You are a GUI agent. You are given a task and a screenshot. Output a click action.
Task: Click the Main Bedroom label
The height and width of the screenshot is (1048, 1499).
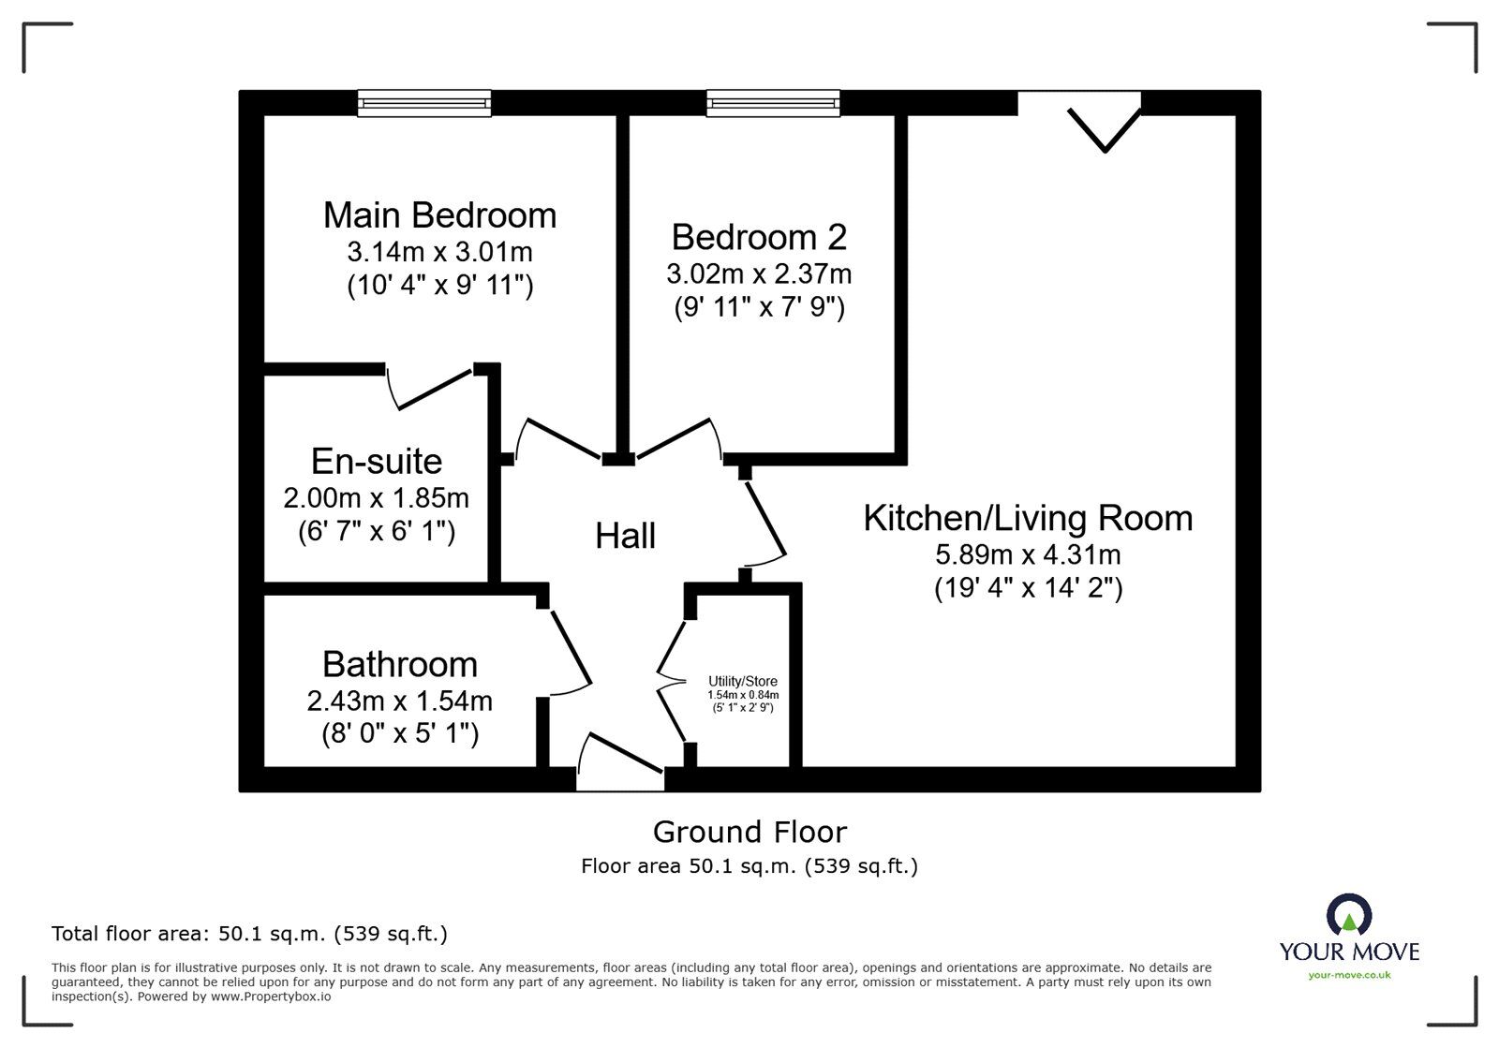[x=439, y=215]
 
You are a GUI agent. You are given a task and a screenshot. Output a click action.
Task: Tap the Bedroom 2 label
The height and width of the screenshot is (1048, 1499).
[x=759, y=237]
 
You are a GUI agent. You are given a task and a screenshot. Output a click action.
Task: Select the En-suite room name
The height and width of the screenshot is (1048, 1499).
[x=377, y=461]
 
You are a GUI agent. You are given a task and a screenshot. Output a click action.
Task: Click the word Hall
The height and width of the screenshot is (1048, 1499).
[x=625, y=536]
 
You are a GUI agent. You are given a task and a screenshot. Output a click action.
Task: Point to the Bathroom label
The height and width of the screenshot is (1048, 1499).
[x=400, y=664]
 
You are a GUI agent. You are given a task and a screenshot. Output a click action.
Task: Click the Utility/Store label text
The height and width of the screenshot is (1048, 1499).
[x=743, y=681]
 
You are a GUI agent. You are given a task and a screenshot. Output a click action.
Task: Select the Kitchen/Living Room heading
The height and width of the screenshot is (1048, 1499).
[x=1028, y=518]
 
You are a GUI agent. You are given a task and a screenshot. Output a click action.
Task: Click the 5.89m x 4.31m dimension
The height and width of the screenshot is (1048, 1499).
[x=1028, y=554]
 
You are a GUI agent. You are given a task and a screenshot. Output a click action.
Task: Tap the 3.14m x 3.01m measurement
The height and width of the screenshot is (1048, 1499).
[x=439, y=252]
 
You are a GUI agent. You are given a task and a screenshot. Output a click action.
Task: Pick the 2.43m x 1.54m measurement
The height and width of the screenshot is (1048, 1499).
[x=400, y=701]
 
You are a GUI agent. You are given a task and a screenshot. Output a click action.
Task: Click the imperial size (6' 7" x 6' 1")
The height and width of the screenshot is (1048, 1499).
[x=377, y=532]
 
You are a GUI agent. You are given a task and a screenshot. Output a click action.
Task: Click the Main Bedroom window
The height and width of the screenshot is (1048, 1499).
[x=423, y=103]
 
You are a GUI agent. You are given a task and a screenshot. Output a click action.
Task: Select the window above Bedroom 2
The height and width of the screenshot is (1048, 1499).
[x=773, y=103]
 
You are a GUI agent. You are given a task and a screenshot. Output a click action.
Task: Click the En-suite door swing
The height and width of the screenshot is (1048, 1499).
[x=430, y=390]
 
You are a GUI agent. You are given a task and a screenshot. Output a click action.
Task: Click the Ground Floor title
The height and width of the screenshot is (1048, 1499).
[x=749, y=832]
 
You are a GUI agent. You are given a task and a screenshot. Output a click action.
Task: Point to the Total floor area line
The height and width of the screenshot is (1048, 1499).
[x=249, y=934]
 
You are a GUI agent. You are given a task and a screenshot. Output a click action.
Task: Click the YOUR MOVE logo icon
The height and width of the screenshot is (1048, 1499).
[x=1349, y=914]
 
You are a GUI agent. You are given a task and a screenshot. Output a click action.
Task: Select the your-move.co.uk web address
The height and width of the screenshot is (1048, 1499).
[x=1349, y=975]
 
